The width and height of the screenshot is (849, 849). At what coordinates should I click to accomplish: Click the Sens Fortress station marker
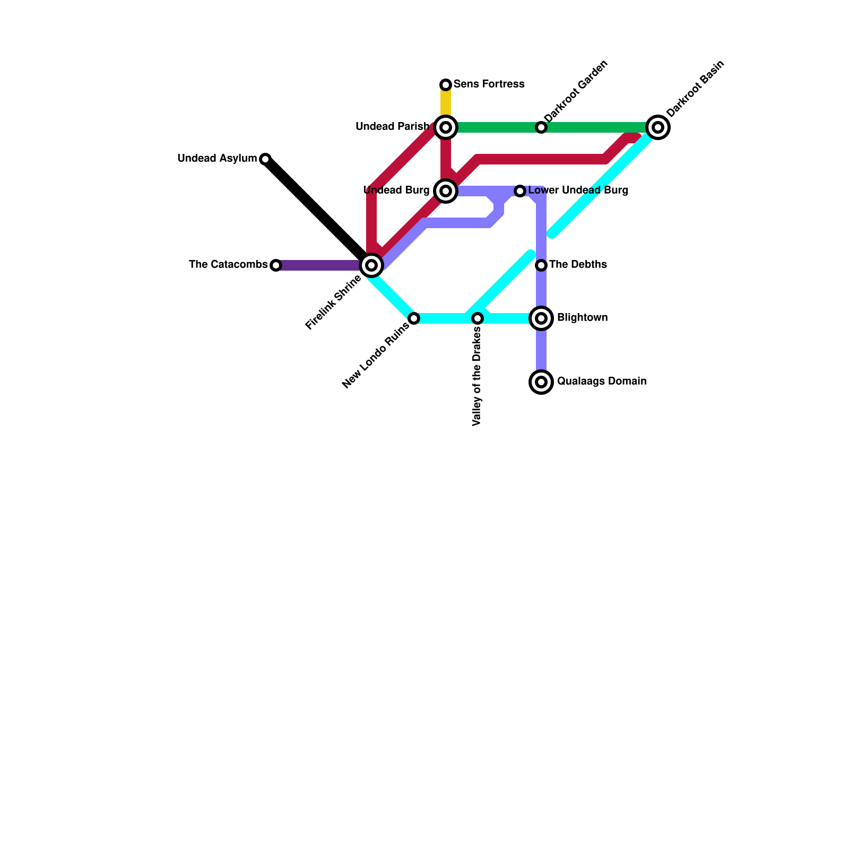tap(446, 85)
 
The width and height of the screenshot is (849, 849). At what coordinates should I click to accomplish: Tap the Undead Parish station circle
tap(446, 127)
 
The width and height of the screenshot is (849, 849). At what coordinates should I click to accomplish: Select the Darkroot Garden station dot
tap(541, 127)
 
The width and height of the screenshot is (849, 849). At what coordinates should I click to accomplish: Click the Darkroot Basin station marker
tap(658, 127)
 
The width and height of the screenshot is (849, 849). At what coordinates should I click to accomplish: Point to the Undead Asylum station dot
tap(265, 159)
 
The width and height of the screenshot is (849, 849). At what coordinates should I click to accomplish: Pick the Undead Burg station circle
tap(446, 191)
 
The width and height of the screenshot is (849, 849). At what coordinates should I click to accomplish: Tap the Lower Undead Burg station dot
tap(520, 191)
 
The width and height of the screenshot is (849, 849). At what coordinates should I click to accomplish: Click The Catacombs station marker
tap(276, 265)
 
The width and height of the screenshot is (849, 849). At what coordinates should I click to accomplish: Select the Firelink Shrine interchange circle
tap(371, 265)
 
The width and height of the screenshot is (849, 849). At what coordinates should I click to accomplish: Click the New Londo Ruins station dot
tap(414, 318)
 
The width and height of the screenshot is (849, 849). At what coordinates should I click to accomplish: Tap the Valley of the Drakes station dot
tap(478, 318)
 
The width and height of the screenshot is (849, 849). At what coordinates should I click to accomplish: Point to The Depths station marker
tap(541, 265)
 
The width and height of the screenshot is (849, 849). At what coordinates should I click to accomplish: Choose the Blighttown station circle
tap(541, 318)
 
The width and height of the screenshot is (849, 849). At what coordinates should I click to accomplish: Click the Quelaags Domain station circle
tap(541, 382)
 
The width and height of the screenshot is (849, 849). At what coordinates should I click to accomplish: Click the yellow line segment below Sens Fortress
tap(446, 103)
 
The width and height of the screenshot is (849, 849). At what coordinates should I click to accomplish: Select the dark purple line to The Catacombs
tap(318, 265)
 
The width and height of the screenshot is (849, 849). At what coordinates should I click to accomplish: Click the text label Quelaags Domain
tap(602, 382)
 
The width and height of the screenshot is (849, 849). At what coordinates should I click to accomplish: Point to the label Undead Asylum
tap(217, 159)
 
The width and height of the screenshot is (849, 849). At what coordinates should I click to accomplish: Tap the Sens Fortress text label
tap(489, 84)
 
